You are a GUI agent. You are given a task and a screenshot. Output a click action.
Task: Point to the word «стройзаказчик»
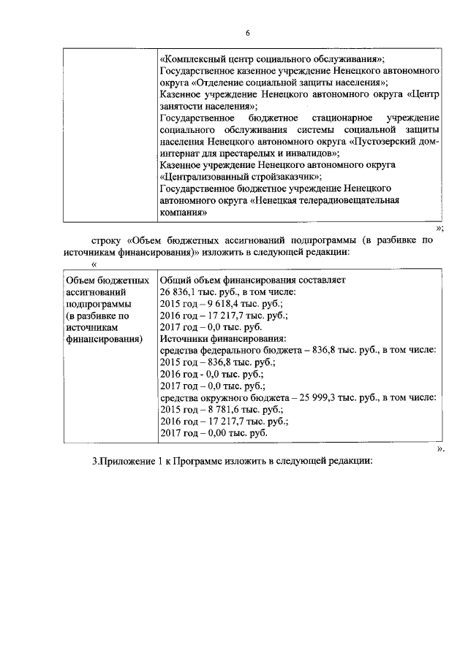coord(286,176)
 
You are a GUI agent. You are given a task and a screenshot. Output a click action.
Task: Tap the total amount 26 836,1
coord(178,292)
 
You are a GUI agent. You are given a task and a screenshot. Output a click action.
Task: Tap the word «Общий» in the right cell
coord(174,280)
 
